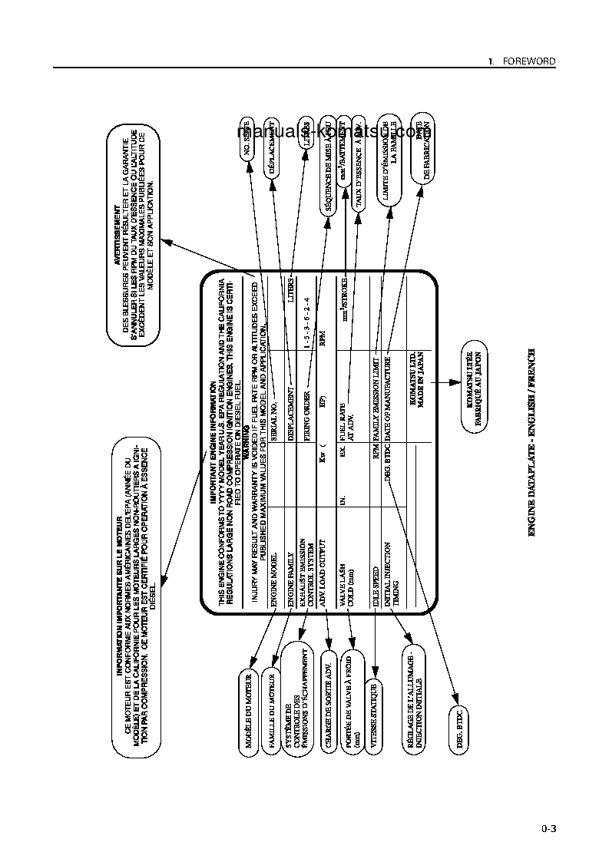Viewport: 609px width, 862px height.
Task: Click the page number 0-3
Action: tap(548, 828)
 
